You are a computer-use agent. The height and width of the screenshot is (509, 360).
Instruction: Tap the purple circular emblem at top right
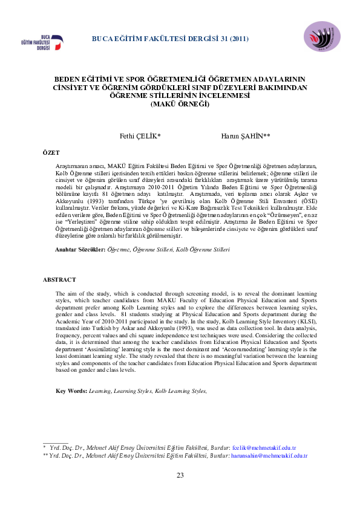[322, 37]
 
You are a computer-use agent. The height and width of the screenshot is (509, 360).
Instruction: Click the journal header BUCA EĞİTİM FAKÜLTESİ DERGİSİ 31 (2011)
[170, 39]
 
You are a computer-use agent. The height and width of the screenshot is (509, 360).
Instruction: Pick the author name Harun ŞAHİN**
[245, 137]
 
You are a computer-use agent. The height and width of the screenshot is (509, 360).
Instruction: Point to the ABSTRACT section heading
[59, 279]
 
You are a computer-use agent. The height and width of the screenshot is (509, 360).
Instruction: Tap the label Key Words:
[71, 391]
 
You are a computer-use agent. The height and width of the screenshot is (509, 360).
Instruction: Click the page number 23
[180, 475]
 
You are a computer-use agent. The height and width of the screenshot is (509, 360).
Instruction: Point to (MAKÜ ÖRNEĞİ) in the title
[179, 104]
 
